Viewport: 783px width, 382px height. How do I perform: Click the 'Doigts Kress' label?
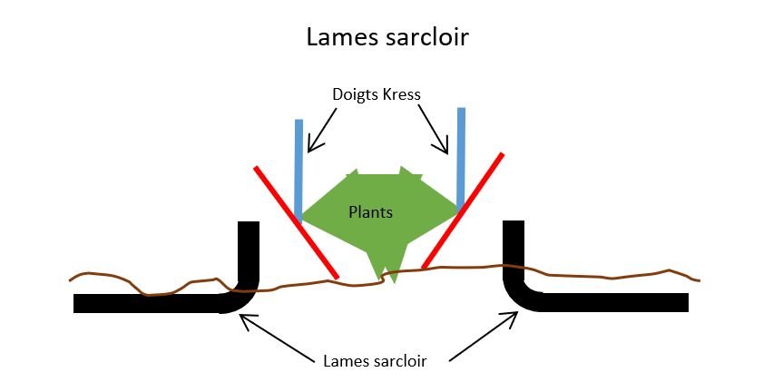[377, 94]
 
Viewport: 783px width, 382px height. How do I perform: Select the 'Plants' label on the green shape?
[370, 212]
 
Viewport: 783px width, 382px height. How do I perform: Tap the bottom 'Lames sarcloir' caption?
[375, 359]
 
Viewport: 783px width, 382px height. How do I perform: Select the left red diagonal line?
[296, 221]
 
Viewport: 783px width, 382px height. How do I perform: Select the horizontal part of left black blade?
[145, 304]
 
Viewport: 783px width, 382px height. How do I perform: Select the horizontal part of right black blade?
[617, 303]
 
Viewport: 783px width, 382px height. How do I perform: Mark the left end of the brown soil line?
[71, 279]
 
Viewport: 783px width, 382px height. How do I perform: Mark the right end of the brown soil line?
[699, 279]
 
